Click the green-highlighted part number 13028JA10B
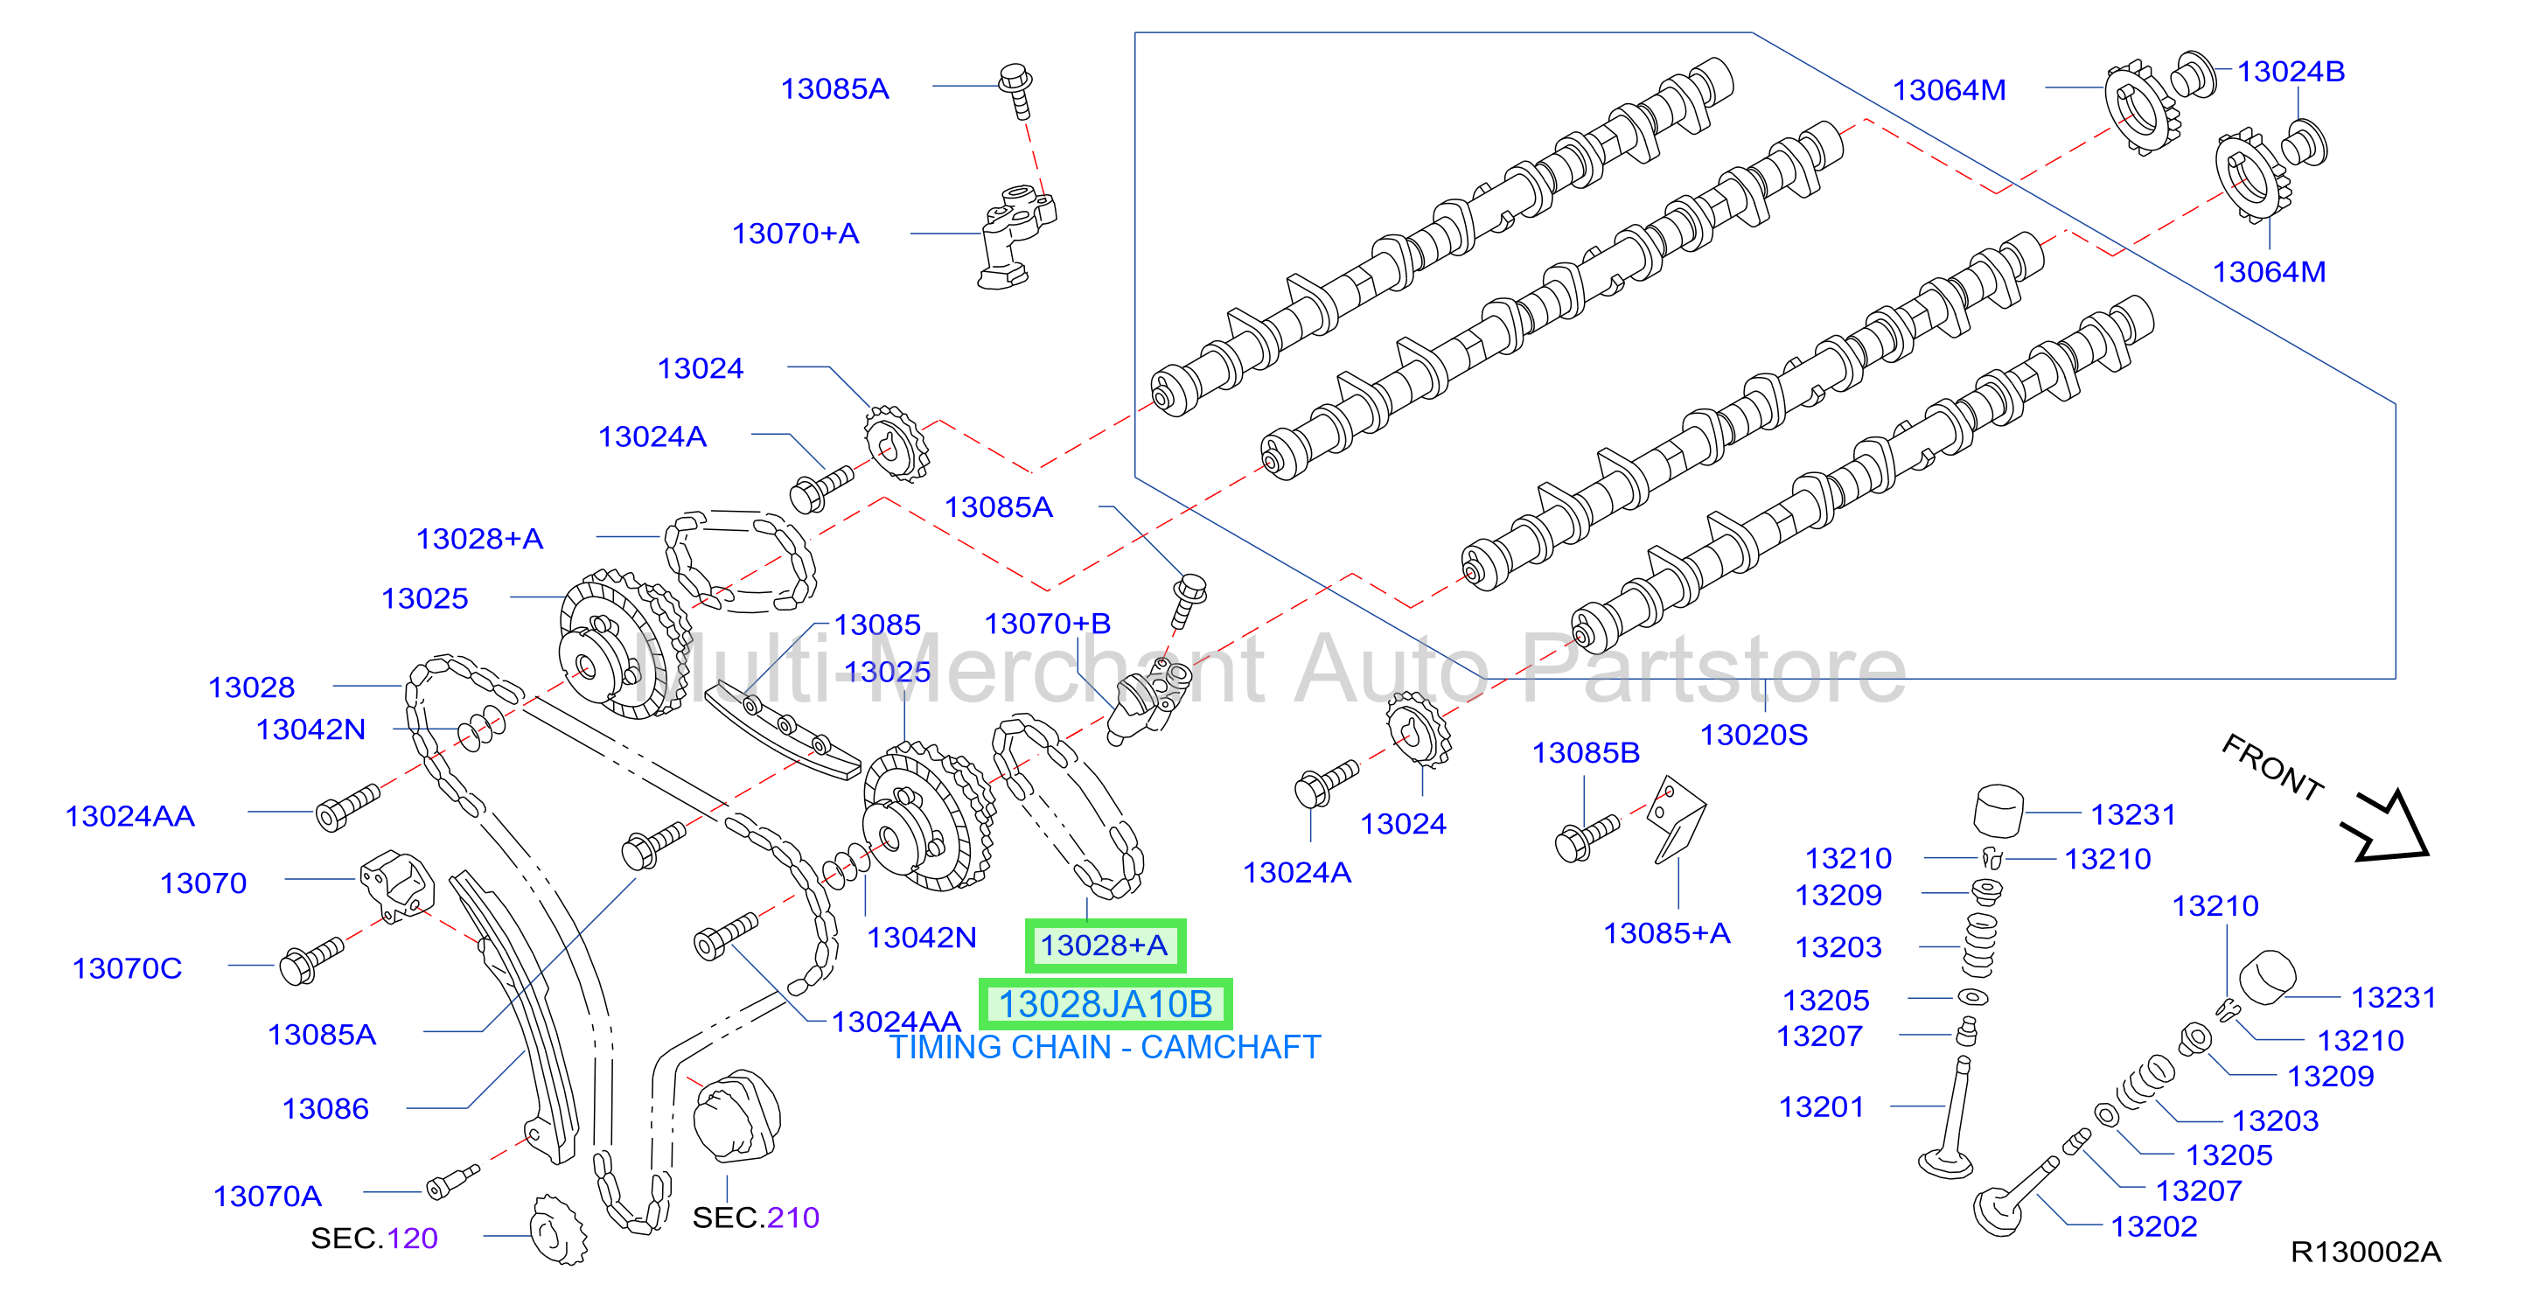[1105, 1004]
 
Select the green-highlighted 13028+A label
[1105, 946]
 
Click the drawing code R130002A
[2366, 1252]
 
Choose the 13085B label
[1585, 753]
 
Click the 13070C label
[127, 968]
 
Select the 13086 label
[325, 1109]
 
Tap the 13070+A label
[795, 234]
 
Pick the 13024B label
[2291, 71]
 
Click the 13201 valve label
[1822, 1106]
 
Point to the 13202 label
[2153, 1226]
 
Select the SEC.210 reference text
[756, 1218]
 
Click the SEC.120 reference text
[374, 1238]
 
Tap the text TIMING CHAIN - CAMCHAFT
[1105, 1047]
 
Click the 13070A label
[267, 1196]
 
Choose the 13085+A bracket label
[1667, 933]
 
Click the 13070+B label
[1048, 624]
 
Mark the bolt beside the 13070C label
[311, 961]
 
